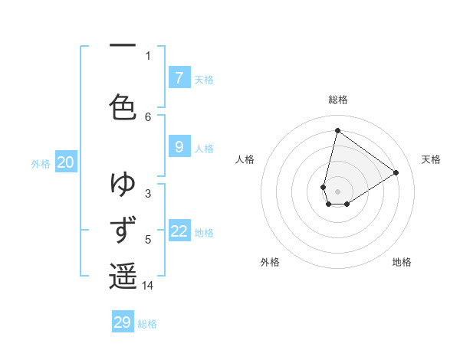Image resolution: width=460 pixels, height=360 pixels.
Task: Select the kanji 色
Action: pos(123,106)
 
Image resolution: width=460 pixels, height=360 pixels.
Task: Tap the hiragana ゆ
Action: pos(123,184)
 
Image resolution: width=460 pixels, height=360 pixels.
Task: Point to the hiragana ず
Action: pos(123,230)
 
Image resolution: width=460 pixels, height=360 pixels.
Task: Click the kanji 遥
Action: pos(123,276)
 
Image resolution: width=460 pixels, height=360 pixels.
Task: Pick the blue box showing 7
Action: pos(179,77)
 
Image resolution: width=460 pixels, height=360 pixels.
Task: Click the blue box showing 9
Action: pos(179,147)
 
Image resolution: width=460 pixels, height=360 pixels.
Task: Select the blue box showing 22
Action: pos(179,231)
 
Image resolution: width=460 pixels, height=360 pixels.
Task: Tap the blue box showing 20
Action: pos(66,162)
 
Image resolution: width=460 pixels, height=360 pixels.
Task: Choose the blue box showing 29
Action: pos(123,322)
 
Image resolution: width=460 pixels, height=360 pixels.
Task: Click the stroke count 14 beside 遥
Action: pos(148,286)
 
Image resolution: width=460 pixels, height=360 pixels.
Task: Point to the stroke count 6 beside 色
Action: pos(148,116)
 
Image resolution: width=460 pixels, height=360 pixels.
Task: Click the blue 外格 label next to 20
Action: pos(41,163)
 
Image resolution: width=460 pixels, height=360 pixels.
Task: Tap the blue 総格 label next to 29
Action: pos(147,324)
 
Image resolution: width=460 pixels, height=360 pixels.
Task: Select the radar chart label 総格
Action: pos(337,100)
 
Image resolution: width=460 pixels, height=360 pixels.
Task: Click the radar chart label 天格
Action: pos(431,159)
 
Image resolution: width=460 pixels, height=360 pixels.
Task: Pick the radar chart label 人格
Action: pos(245,159)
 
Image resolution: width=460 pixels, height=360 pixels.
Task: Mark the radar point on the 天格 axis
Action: pos(396,172)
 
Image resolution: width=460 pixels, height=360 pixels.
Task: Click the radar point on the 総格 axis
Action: pos(337,130)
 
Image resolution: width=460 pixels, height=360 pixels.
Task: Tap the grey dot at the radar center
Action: pos(337,191)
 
